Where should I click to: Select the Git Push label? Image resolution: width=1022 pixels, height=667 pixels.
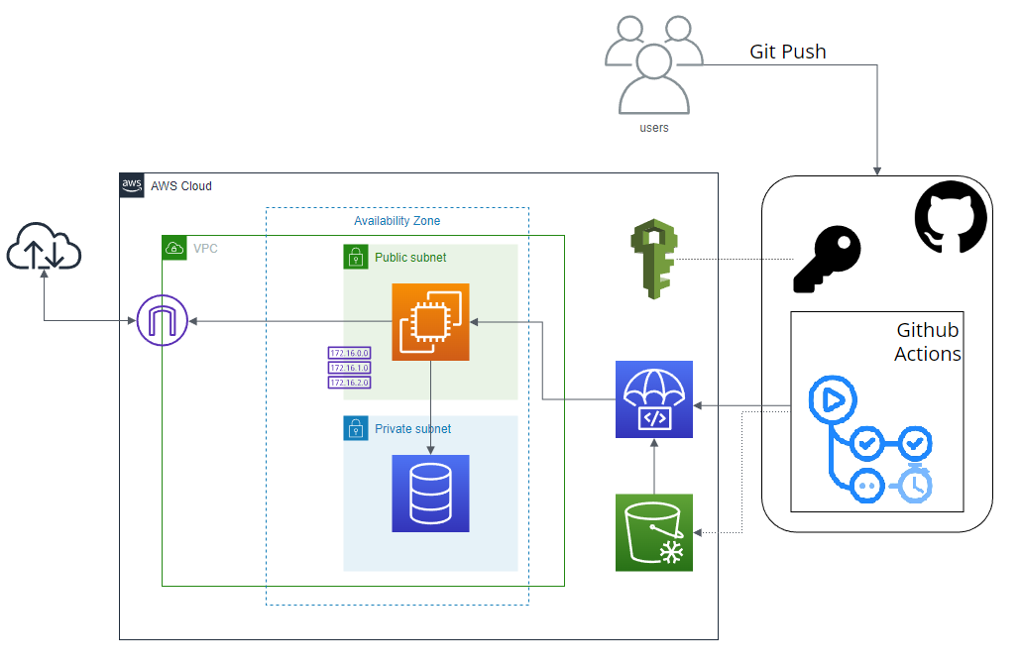point(787,52)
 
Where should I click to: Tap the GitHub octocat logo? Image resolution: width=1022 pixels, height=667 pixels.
point(950,219)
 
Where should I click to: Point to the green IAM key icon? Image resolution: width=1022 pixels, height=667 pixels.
point(653,260)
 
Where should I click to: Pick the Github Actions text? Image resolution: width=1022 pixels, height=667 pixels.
point(928,342)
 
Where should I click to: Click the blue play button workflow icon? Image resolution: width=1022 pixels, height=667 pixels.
point(829,399)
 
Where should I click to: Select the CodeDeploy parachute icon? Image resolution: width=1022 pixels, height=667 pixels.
point(653,399)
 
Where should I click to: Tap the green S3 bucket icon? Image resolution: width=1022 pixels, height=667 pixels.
point(653,532)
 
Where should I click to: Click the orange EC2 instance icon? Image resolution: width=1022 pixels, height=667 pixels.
point(430,322)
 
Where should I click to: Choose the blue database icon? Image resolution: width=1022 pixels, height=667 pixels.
point(430,493)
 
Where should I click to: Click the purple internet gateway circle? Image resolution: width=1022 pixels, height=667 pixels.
point(162,321)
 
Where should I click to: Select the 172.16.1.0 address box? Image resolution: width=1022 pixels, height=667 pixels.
point(349,368)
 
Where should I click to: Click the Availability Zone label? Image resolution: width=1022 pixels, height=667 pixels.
point(397,221)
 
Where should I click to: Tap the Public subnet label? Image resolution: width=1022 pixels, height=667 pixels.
point(410,258)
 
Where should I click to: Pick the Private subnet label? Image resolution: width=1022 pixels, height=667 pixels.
point(412,429)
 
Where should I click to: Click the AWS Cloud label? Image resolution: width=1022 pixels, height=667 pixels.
point(180,186)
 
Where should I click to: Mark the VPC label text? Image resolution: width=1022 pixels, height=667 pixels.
point(205,248)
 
